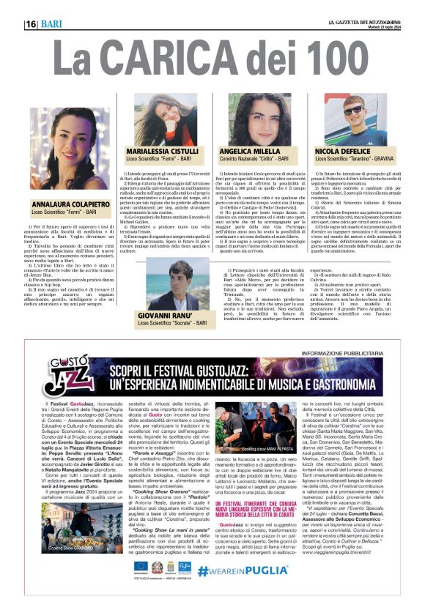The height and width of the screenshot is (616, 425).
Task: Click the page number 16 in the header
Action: pos(32,24)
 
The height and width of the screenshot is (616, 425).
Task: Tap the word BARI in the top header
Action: pos(53,24)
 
